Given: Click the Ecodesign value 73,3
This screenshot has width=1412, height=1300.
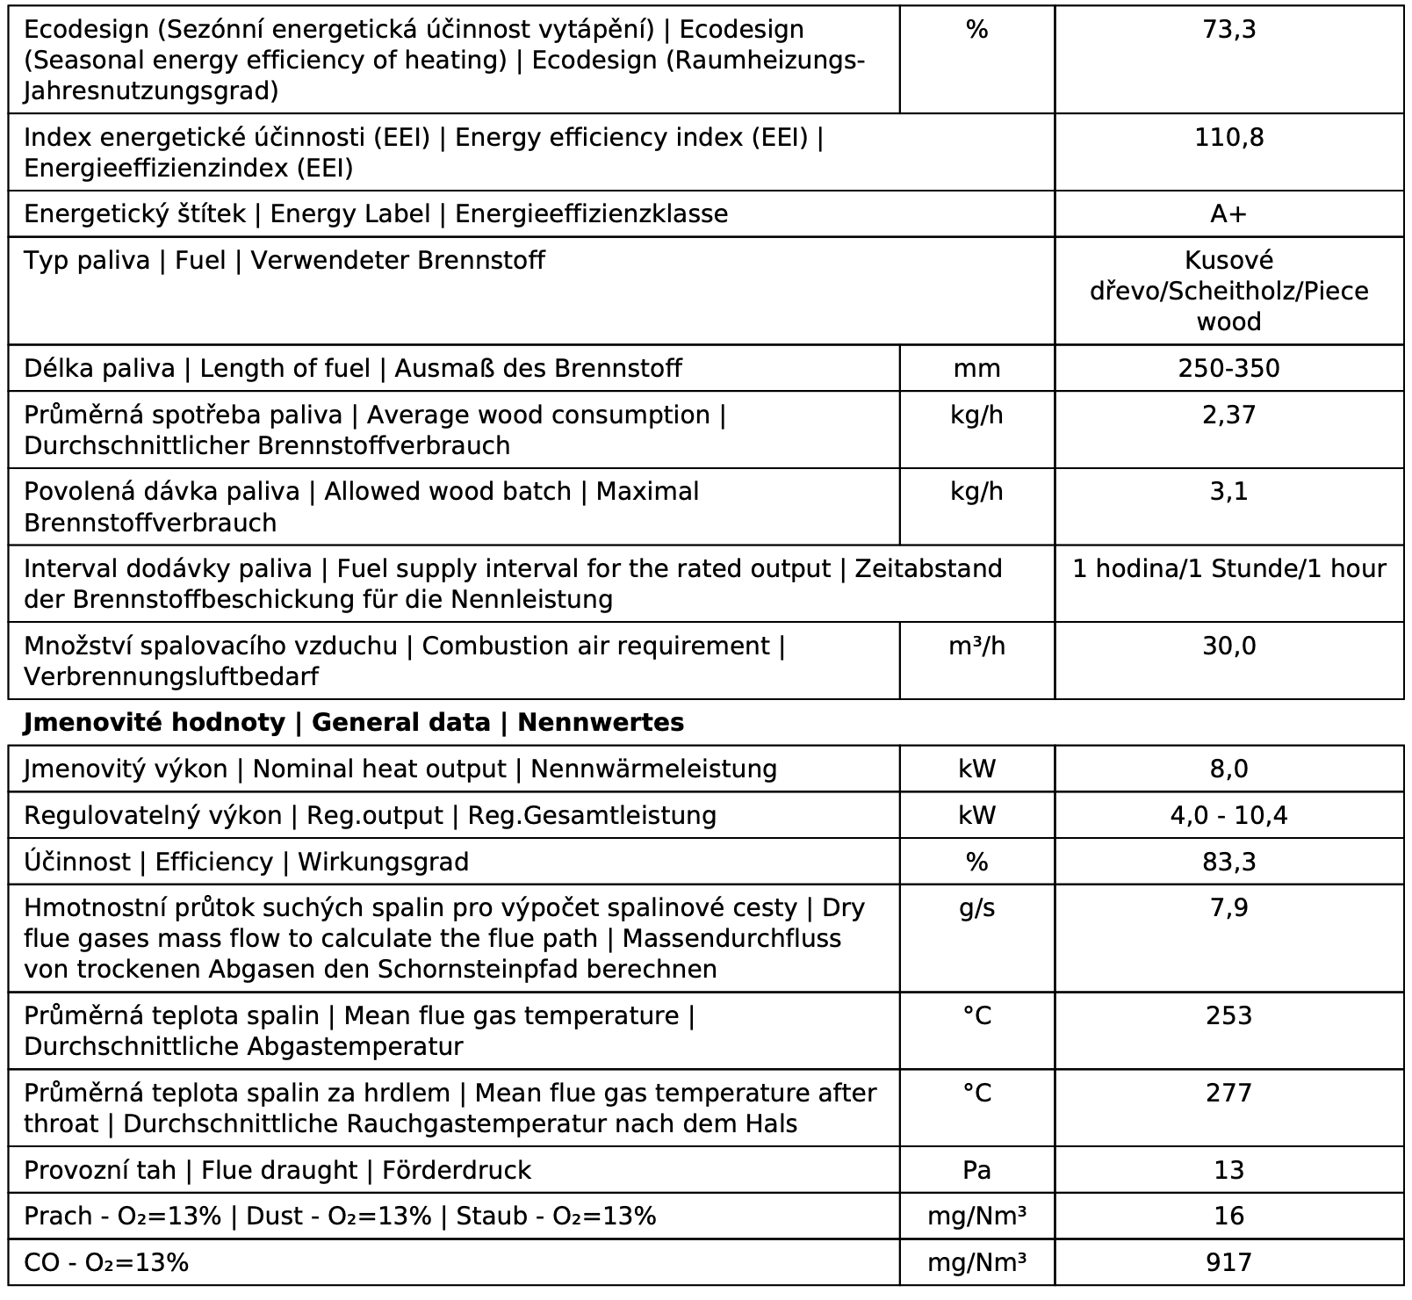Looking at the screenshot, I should click(1228, 30).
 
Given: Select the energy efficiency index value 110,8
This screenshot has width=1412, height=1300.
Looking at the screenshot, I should click(1228, 138).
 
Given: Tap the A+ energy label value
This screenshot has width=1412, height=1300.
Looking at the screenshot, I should click(1228, 214).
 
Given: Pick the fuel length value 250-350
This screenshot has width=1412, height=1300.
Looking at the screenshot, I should click(1228, 368).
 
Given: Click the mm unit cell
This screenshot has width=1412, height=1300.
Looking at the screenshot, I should click(976, 368).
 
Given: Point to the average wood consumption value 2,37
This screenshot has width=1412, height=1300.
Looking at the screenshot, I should click(1228, 415).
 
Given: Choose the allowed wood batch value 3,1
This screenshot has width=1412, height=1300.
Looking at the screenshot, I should click(1228, 492).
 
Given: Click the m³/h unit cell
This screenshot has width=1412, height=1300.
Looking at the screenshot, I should click(976, 646).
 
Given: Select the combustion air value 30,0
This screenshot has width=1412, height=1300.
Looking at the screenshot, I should click(1228, 646).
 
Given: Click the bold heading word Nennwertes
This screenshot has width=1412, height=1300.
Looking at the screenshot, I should click(601, 723).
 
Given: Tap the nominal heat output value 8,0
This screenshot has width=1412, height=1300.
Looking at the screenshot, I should click(1228, 769).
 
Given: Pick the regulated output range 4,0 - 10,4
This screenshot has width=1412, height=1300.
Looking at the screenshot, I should click(1228, 816).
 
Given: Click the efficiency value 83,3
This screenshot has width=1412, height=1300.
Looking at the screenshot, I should click(1228, 863).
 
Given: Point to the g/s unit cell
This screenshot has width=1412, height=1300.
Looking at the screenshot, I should click(976, 908).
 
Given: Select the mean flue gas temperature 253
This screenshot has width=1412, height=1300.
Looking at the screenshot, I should click(1228, 1016).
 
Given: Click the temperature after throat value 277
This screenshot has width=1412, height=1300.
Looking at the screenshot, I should click(1228, 1094).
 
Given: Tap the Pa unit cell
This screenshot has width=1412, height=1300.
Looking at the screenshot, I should click(976, 1171).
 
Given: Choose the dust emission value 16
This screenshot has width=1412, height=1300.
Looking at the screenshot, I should click(1228, 1217).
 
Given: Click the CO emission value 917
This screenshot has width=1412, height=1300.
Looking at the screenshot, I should click(1228, 1263).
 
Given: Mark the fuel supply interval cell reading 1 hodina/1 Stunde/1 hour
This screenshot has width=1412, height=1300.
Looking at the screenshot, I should click(1228, 569).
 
